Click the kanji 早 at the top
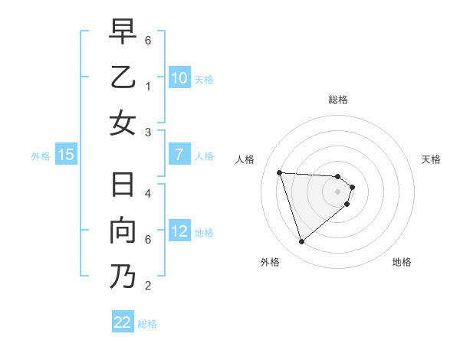[x=123, y=33]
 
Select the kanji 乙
[x=123, y=77]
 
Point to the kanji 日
[x=123, y=187]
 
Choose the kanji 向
[x=123, y=231]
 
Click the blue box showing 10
[x=179, y=77]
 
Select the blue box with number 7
[x=179, y=155]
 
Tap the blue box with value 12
[x=179, y=231]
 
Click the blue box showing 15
[x=66, y=155]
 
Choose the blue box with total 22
[x=123, y=322]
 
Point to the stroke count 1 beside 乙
[x=148, y=86]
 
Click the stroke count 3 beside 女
[x=148, y=133]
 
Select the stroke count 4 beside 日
[x=148, y=193]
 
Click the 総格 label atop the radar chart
[x=338, y=100]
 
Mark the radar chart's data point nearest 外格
[x=301, y=242]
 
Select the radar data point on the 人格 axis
[x=279, y=172]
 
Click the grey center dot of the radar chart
[x=338, y=191]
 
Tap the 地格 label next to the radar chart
[x=402, y=262]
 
